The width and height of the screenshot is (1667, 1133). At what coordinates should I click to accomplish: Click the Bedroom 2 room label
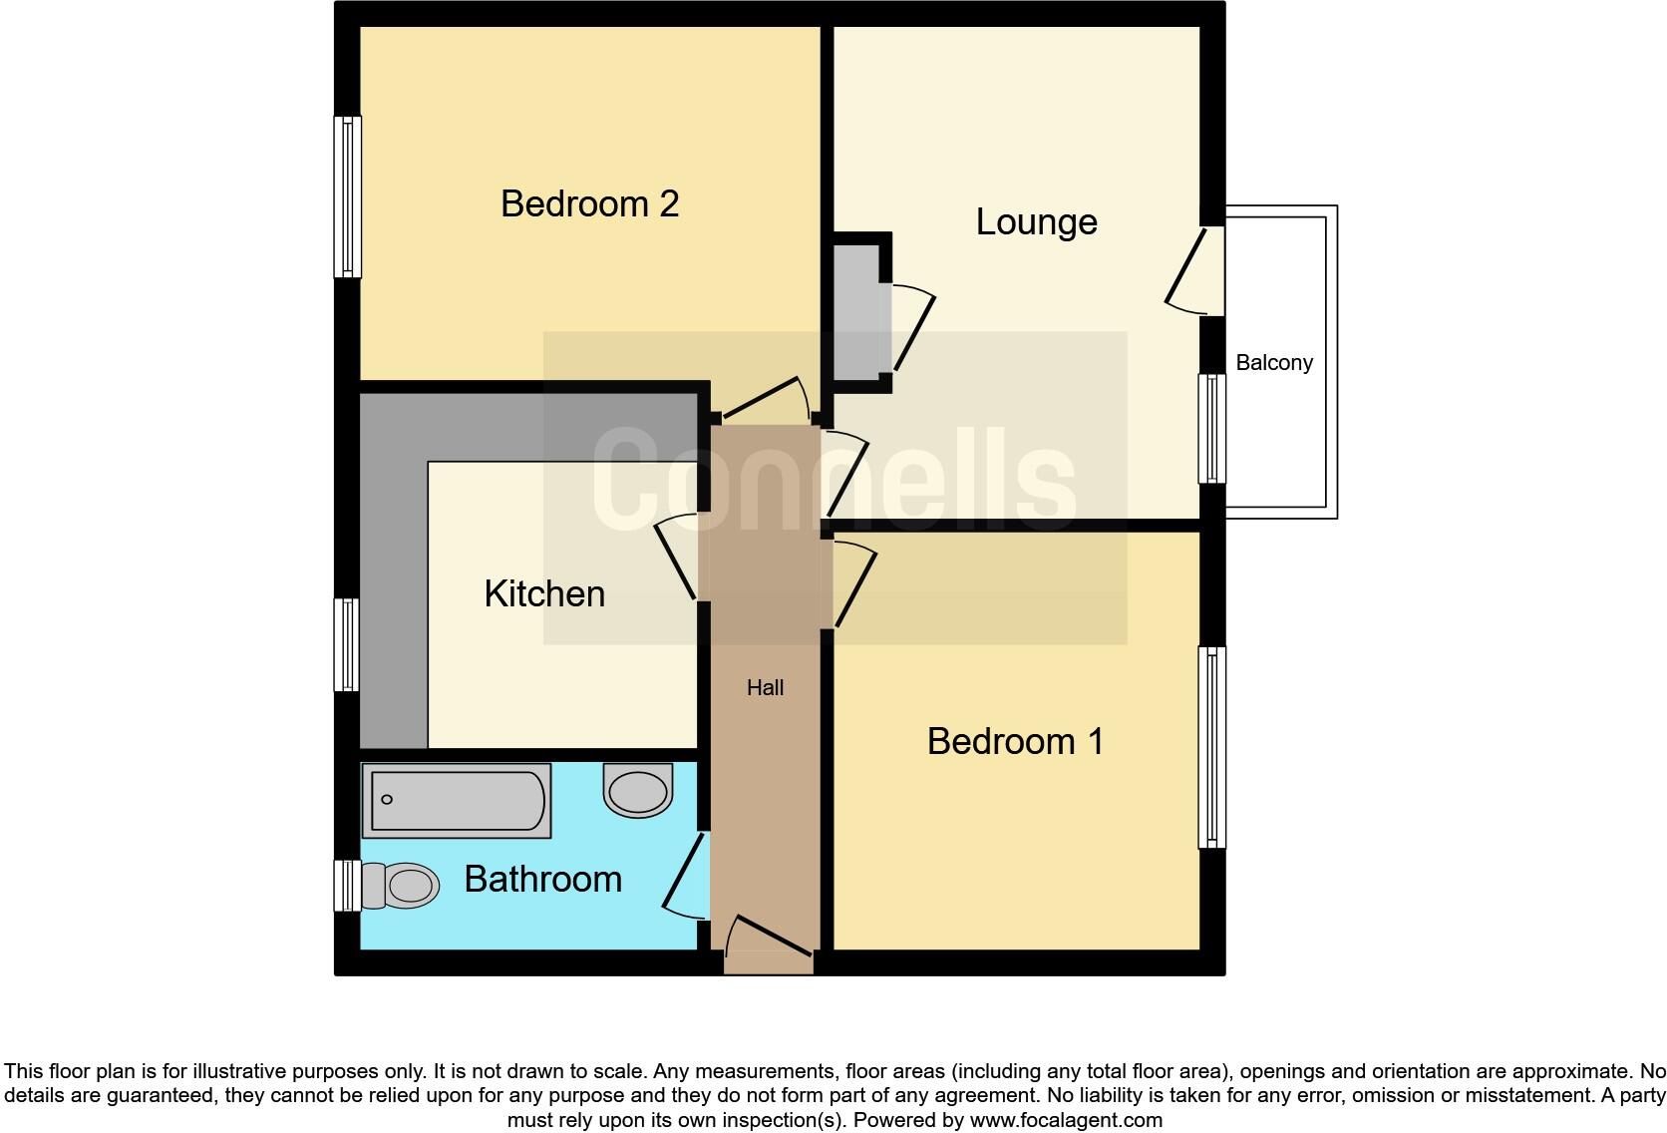click(x=589, y=203)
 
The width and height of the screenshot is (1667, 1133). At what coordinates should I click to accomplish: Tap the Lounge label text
click(x=1036, y=221)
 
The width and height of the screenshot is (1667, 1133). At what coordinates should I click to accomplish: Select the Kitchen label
click(x=544, y=593)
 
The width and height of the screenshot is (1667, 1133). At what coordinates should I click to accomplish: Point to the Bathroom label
click(x=542, y=879)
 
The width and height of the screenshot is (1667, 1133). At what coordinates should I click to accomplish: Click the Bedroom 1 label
click(x=1015, y=741)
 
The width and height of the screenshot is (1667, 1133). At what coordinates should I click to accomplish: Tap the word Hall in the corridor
click(x=765, y=687)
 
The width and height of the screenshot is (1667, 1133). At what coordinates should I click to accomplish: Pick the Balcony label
click(x=1274, y=363)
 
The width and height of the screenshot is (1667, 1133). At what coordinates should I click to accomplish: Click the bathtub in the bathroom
click(x=457, y=800)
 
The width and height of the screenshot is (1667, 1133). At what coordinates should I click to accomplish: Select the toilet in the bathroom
click(x=402, y=885)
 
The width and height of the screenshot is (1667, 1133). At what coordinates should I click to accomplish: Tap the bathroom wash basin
click(x=638, y=791)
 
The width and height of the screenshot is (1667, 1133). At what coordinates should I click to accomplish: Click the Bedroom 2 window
click(x=347, y=196)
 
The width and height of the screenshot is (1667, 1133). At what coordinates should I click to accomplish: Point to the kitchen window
click(x=347, y=644)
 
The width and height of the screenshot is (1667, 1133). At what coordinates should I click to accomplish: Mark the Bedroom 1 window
click(x=1211, y=748)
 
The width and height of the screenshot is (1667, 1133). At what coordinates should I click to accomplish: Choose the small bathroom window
click(x=346, y=886)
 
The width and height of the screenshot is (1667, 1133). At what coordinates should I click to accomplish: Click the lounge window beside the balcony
click(x=1211, y=429)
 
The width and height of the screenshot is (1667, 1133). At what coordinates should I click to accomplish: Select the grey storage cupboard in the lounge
click(x=856, y=312)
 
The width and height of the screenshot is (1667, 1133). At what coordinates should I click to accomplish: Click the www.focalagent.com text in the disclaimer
click(x=1065, y=1120)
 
